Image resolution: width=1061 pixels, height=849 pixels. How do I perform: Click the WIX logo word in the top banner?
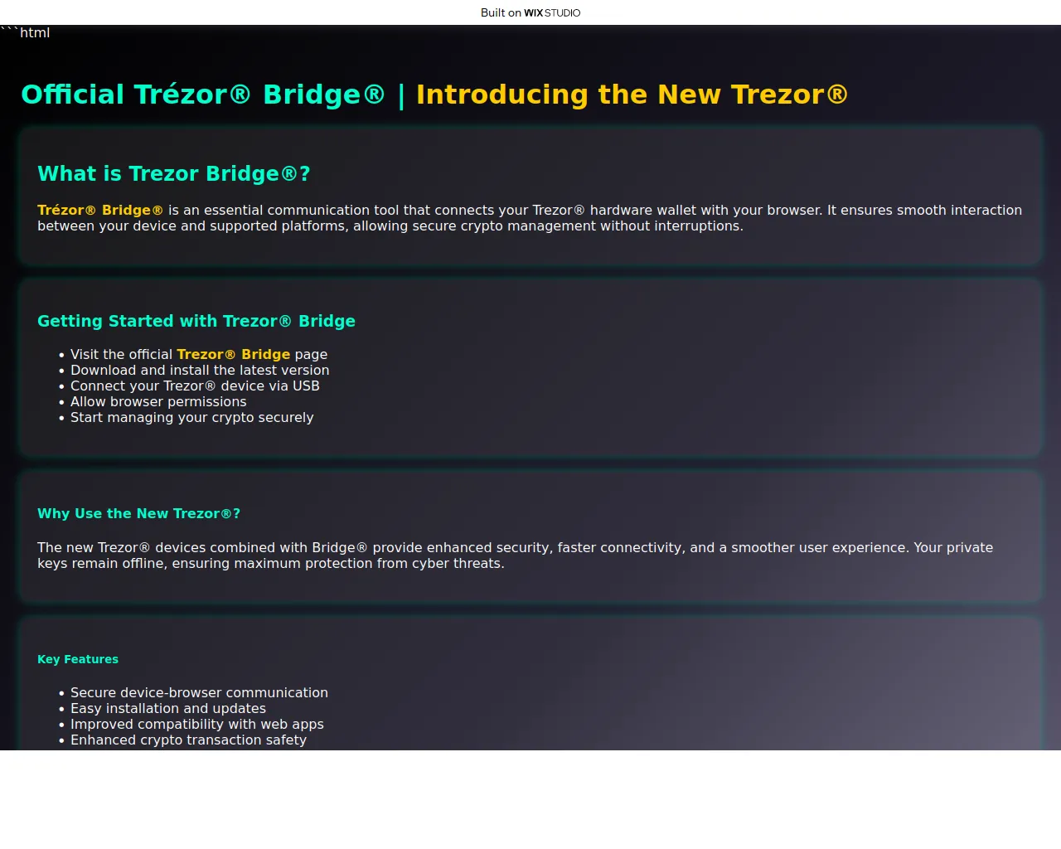coord(533,12)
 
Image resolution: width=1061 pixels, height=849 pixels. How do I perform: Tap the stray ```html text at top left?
coord(25,32)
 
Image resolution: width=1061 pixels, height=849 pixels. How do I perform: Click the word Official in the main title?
coord(72,94)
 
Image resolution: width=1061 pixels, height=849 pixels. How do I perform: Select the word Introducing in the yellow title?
coord(502,94)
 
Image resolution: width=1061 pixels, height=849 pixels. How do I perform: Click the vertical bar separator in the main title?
coord(401,95)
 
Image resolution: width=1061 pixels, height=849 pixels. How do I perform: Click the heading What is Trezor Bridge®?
coord(173,173)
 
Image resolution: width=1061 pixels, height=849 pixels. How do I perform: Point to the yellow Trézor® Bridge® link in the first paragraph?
coord(100,210)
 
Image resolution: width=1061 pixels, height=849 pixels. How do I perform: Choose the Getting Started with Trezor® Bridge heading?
coord(196,321)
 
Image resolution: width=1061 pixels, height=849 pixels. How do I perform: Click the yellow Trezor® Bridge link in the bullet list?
coord(233,354)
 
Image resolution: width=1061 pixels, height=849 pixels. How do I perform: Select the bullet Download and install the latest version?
coord(200,370)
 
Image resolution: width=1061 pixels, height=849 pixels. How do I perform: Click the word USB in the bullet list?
coord(306,386)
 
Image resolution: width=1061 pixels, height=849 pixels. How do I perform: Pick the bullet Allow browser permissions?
coord(158,401)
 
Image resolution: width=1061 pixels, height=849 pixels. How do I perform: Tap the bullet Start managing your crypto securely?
coord(191,417)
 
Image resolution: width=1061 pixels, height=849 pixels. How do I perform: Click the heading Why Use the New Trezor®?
coord(138,513)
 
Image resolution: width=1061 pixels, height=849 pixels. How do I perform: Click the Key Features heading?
coord(78,660)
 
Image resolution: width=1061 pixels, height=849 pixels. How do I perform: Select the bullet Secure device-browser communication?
coord(199,692)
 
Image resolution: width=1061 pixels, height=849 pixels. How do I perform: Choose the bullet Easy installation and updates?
coord(168,708)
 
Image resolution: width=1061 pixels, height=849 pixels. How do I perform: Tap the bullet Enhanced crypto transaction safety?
coord(188,740)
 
